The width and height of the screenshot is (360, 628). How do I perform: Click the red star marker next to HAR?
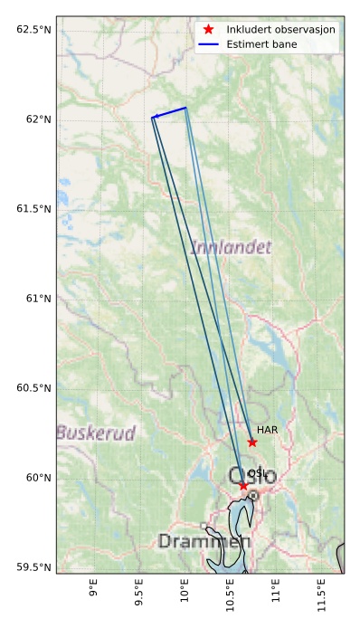tap(252, 442)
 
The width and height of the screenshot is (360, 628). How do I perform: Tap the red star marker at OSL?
tap(243, 486)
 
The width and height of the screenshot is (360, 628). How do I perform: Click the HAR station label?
tap(267, 430)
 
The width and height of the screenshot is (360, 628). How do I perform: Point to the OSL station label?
tap(257, 473)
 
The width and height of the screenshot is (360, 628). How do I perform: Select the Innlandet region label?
tap(231, 246)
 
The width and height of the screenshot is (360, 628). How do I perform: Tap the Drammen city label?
tap(204, 541)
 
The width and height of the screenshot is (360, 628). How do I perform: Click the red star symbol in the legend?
tap(208, 29)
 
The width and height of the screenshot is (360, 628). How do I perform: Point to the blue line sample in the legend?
tap(208, 44)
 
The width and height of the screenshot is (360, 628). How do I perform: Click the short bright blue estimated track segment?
tap(170, 112)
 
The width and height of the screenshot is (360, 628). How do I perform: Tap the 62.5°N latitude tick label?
tap(33, 30)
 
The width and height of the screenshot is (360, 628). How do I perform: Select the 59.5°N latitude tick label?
tap(33, 567)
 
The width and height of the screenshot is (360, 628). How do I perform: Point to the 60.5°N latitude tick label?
tap(33, 388)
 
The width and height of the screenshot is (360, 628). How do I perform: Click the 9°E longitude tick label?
tap(94, 593)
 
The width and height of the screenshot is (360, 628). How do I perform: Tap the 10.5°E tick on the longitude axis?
tap(231, 597)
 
